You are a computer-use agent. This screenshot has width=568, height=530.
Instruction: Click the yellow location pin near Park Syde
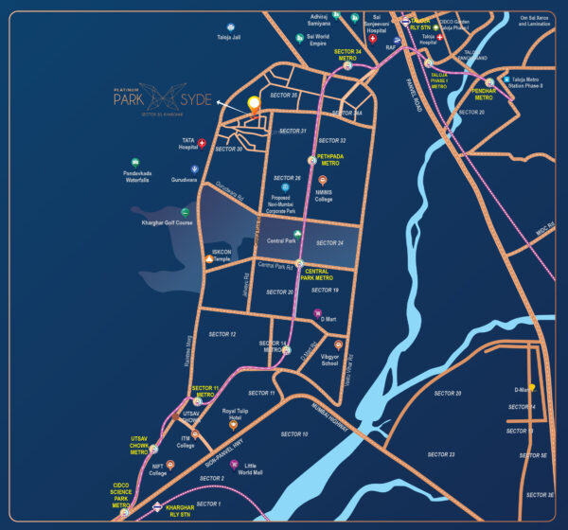(x=253, y=105)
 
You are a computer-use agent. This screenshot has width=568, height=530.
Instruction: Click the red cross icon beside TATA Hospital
(x=202, y=143)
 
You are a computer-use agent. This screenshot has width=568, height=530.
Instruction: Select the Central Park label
(x=282, y=241)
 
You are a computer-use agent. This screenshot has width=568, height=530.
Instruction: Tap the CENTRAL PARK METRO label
(x=318, y=274)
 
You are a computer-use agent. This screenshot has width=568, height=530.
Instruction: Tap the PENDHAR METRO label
(x=484, y=95)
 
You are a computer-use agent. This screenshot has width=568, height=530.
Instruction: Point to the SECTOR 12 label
(x=222, y=335)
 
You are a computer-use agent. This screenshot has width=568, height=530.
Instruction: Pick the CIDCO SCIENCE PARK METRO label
(x=121, y=495)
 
